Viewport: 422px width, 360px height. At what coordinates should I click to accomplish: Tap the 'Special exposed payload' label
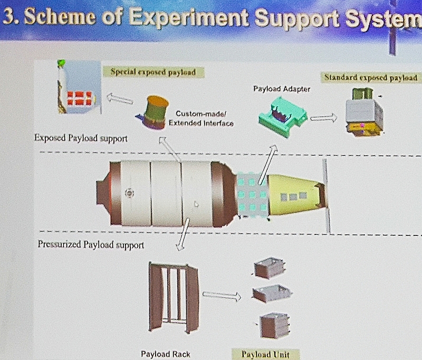(x=153, y=72)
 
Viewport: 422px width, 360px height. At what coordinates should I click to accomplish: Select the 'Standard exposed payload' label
(x=371, y=78)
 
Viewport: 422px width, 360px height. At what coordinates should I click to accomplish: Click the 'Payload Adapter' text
(x=282, y=89)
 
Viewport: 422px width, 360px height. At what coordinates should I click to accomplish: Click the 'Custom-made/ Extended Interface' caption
(x=201, y=118)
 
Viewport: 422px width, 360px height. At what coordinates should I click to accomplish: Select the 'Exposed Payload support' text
(x=81, y=138)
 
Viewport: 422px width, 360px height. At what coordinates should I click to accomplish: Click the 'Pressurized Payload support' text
(x=91, y=244)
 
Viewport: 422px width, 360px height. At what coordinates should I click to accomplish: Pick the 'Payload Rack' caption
(x=166, y=354)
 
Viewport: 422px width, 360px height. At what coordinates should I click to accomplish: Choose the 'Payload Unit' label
(x=265, y=354)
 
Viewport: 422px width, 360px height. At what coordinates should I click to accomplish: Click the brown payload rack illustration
(x=174, y=298)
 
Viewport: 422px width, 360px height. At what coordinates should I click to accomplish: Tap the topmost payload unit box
(x=269, y=268)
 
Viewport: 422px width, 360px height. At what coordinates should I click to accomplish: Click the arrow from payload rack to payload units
(x=222, y=296)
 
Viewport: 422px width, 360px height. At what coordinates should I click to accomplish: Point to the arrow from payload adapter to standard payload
(x=323, y=118)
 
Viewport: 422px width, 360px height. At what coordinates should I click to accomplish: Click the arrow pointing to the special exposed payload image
(x=120, y=98)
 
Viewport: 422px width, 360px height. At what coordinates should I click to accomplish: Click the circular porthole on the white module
(x=130, y=193)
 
